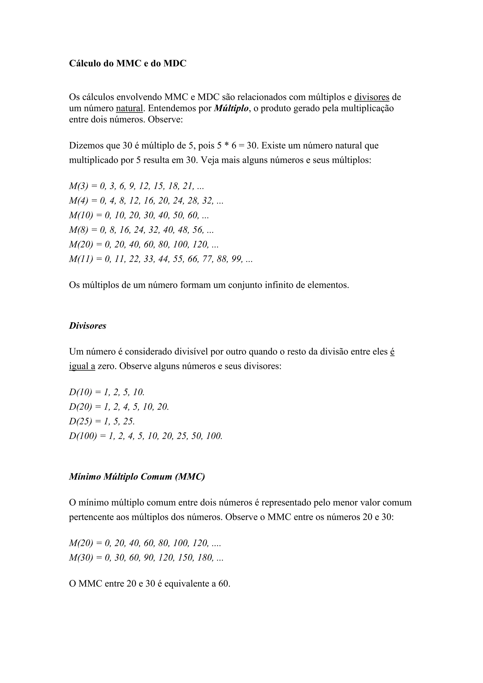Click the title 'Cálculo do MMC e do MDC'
coord(128,63)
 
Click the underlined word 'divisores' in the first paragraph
coord(371,97)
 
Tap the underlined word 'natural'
coord(129,108)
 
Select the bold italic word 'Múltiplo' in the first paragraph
coord(231,108)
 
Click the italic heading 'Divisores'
coord(87,326)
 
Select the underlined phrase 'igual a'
coord(82,366)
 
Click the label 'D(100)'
coord(83,436)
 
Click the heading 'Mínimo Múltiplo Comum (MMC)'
coord(137,477)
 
